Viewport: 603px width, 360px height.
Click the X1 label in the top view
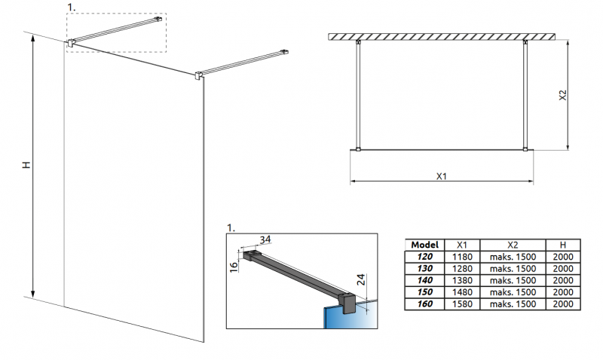tap(442, 176)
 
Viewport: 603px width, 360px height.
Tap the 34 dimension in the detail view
tap(265, 240)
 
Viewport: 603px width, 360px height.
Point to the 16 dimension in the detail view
tap(234, 264)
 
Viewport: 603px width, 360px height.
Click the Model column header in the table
tap(426, 245)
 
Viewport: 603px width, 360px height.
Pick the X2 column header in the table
tap(513, 245)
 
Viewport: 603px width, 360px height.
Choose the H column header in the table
tap(563, 245)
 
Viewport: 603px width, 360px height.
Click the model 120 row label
tap(426, 257)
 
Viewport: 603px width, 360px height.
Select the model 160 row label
tap(426, 304)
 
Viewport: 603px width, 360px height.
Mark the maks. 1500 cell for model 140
tap(513, 280)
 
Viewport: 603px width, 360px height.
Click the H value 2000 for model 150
tap(563, 292)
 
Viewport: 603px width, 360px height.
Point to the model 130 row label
tap(426, 268)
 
